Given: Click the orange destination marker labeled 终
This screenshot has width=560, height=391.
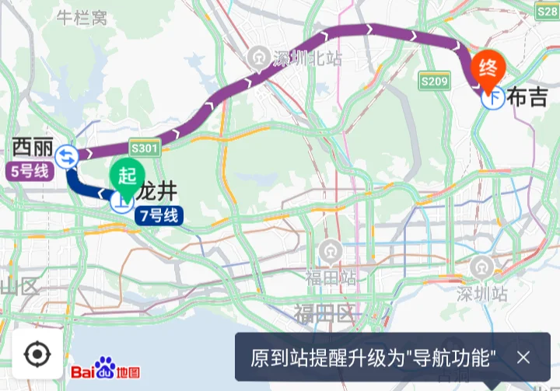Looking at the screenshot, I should pyautogui.click(x=488, y=68).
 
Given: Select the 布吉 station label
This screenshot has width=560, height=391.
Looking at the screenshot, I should pyautogui.click(x=527, y=97).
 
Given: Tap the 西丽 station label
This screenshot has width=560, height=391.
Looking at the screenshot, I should pyautogui.click(x=33, y=145).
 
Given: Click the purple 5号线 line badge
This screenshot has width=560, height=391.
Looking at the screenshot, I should pyautogui.click(x=30, y=170).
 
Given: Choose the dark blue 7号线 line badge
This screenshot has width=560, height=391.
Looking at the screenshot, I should pyautogui.click(x=159, y=215).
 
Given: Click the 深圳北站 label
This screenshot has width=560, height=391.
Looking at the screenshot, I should pyautogui.click(x=308, y=58).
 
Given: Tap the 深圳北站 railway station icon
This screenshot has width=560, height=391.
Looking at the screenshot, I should pyautogui.click(x=257, y=57).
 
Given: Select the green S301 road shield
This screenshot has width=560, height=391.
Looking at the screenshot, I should pyautogui.click(x=145, y=148).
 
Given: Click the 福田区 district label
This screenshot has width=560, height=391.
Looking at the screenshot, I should pyautogui.click(x=324, y=314).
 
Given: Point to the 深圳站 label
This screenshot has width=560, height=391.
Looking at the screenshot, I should pyautogui.click(x=482, y=294).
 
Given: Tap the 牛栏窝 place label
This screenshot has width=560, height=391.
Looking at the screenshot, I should pyautogui.click(x=82, y=18).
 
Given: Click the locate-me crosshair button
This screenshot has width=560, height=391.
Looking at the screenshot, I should pyautogui.click(x=37, y=354).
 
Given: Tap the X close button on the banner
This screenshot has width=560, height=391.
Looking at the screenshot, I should pyautogui.click(x=523, y=358).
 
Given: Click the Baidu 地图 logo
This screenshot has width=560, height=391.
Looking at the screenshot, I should pyautogui.click(x=106, y=370).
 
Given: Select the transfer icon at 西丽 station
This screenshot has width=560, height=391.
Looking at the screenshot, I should pyautogui.click(x=67, y=157).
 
